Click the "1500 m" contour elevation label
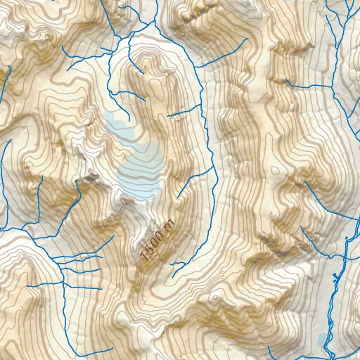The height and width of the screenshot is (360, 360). [x=157, y=241]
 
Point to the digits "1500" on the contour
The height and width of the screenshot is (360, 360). [x=153, y=247]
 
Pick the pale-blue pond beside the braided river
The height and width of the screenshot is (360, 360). [x=324, y=339]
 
